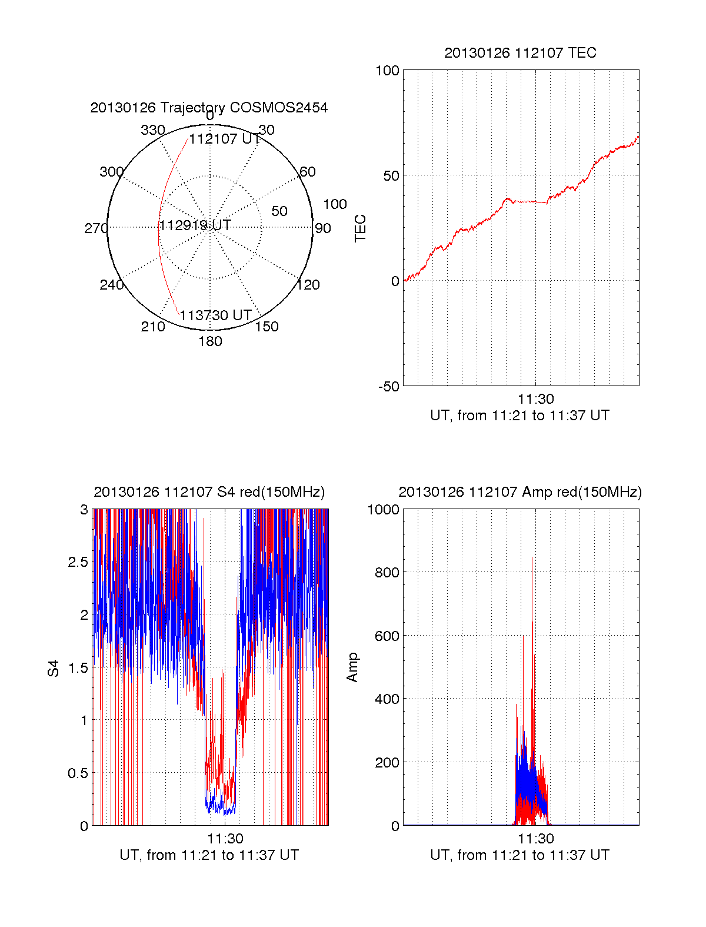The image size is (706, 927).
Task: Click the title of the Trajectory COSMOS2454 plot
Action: [209, 108]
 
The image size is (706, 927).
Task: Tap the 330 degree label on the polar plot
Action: [152, 130]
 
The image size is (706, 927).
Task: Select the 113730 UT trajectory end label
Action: [215, 315]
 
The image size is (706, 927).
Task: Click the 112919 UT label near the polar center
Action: [195, 225]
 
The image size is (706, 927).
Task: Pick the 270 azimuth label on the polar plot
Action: [96, 228]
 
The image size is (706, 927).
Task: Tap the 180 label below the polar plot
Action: [210, 341]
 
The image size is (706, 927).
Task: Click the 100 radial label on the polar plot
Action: [335, 204]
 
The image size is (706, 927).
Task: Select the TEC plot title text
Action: [520, 53]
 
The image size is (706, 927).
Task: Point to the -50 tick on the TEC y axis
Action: [389, 387]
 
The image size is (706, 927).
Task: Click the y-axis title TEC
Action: [360, 228]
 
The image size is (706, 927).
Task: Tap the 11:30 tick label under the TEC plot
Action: [535, 399]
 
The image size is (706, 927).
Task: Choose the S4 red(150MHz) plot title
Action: [209, 492]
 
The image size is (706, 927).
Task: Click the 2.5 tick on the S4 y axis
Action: [78, 562]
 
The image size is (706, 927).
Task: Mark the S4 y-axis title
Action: [54, 668]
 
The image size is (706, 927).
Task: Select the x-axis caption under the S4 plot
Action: [209, 855]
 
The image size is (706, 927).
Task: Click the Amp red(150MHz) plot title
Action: [520, 492]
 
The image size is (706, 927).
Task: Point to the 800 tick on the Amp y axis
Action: [387, 572]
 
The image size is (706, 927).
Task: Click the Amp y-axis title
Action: [352, 667]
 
